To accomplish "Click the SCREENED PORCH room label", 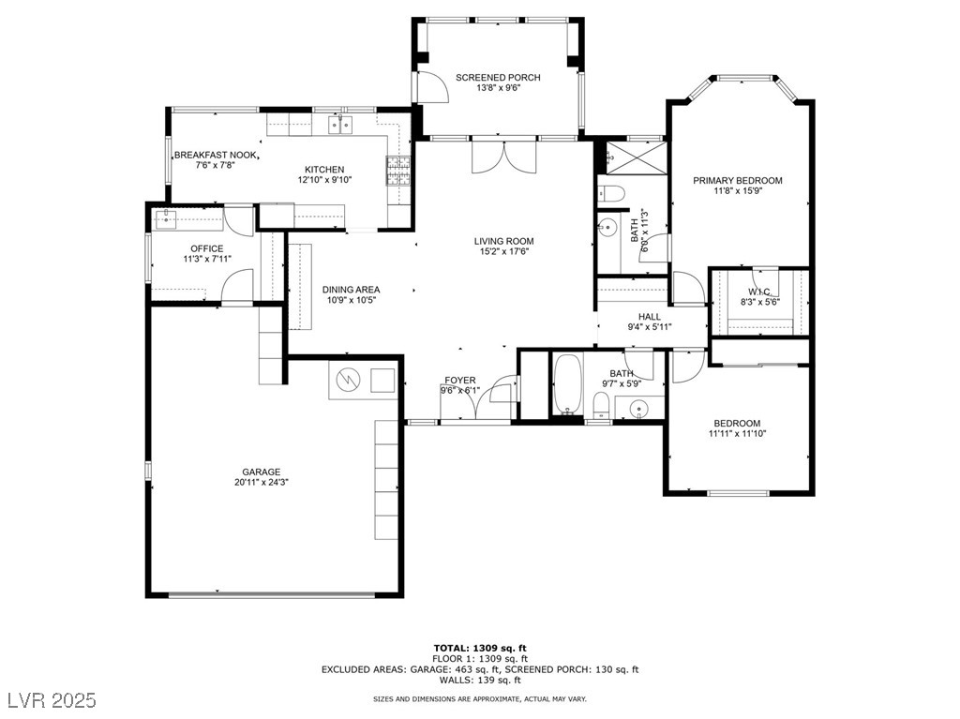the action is pos(498,77).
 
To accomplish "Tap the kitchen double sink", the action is pos(340,125).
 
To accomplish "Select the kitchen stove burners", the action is pos(397,171).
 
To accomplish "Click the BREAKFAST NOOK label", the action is pos(217,155).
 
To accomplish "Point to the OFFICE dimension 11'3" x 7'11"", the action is pos(207,259).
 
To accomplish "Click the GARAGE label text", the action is pos(262,472).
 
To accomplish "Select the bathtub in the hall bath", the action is pos(567,384).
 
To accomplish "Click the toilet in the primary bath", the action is pos(611,193).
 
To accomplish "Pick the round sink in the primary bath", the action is pos(607,227).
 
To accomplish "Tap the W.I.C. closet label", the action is pos(759,292).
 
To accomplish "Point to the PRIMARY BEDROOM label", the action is pos(738,180).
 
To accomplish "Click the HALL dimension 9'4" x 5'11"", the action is pos(650,327).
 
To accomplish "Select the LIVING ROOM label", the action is pos(503,241).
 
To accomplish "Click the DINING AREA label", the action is pos(351,289).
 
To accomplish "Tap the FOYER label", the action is pos(459,381).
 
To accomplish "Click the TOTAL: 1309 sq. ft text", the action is pos(480,648).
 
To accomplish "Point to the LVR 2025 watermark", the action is pos(52,699).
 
